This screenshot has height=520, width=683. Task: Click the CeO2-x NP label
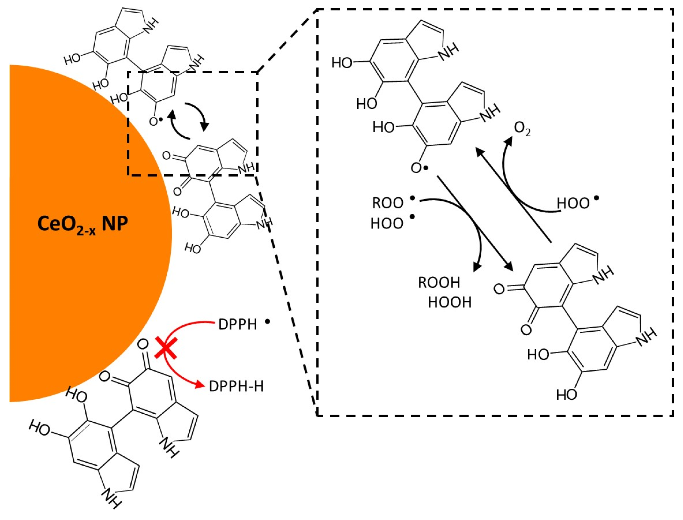[83, 224]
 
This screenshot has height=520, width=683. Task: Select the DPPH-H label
[236, 386]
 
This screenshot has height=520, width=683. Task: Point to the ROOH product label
[439, 282]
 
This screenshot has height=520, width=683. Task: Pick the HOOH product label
[450, 302]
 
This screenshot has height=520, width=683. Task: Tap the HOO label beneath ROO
[387, 223]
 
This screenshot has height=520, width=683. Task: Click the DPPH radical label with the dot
[238, 324]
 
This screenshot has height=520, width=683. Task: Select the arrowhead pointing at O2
[508, 141]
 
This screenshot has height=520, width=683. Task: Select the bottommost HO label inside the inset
[567, 395]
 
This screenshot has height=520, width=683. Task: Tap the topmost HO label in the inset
[342, 63]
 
